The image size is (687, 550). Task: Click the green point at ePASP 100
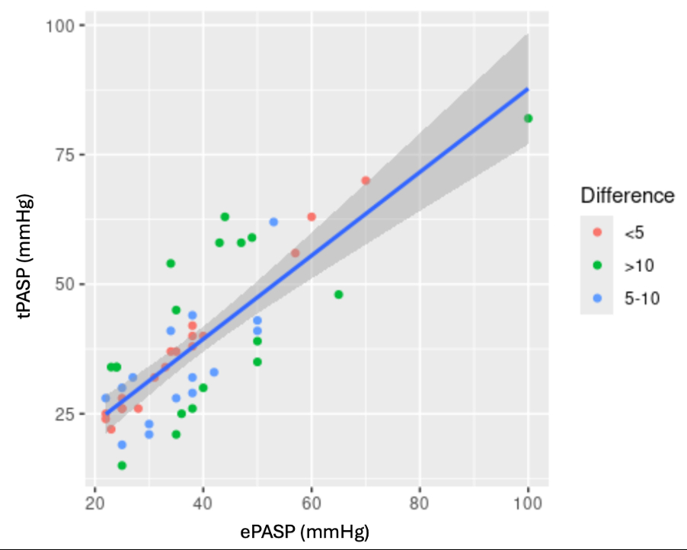point(528,118)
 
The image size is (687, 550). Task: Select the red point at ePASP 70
point(366,181)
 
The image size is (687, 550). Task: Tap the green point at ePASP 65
point(339,294)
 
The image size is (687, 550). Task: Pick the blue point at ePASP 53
point(273,222)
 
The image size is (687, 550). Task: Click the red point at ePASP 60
point(312,217)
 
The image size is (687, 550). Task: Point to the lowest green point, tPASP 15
point(122,465)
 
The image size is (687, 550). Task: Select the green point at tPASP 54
point(171,264)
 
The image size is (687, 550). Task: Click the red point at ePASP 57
point(296,253)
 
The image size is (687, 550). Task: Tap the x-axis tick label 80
point(420,504)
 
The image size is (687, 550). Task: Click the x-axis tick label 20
point(94,504)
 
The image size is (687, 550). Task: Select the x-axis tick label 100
point(528,504)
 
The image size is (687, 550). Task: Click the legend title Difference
point(627,196)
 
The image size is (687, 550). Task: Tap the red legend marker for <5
point(598,232)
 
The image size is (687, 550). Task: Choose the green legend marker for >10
point(598,266)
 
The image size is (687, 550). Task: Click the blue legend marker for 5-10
point(598,299)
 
